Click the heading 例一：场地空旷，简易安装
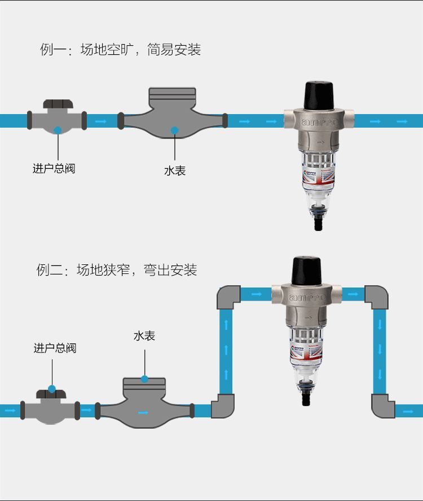[120, 50]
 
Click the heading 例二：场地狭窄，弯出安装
[117, 270]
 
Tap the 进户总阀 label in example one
[54, 168]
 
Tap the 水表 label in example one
[175, 171]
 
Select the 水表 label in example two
[144, 336]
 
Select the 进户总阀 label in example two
[55, 348]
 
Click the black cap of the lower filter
[307, 270]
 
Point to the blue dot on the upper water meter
[175, 130]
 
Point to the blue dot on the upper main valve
[58, 130]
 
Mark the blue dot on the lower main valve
[52, 389]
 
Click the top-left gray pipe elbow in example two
[230, 297]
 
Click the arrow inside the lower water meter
[144, 412]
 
